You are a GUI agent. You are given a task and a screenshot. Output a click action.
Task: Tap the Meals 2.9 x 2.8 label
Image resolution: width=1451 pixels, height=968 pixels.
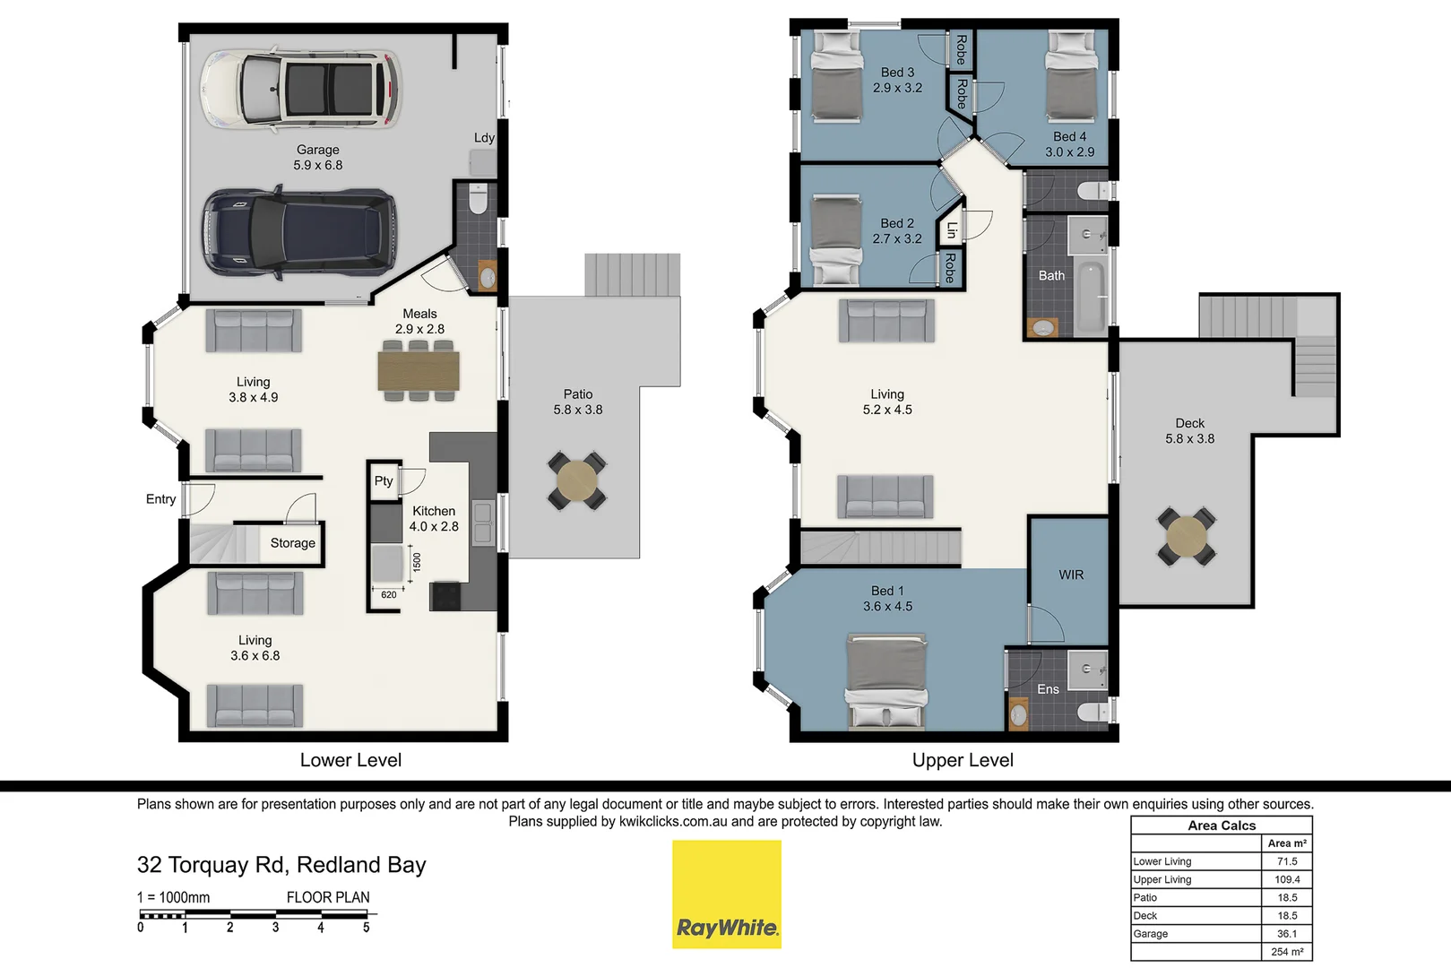(x=419, y=321)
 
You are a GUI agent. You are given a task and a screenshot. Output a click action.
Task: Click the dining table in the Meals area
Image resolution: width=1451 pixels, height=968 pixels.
(x=419, y=370)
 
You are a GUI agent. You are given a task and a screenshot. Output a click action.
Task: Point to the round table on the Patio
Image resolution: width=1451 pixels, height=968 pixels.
(x=577, y=481)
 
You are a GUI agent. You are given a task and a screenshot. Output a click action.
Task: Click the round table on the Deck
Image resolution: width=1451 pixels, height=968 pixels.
(x=1187, y=536)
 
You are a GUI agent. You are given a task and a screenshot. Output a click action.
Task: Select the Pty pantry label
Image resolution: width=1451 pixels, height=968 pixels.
(x=384, y=480)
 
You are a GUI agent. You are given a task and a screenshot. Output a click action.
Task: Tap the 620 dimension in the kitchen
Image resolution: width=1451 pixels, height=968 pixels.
(x=389, y=594)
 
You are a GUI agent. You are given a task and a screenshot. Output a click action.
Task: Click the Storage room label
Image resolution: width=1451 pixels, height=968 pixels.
(x=292, y=542)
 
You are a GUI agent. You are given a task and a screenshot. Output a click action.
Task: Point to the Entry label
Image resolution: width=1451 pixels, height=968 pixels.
(x=161, y=499)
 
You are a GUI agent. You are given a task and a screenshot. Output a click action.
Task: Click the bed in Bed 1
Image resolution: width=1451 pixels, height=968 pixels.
(x=886, y=681)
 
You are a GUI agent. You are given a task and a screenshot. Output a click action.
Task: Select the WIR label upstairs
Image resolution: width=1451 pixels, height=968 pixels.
(x=1071, y=575)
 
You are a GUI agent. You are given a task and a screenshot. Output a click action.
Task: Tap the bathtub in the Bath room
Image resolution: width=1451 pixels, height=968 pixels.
(x=1090, y=297)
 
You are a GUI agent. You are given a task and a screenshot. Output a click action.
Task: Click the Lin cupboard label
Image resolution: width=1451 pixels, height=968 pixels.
(x=951, y=230)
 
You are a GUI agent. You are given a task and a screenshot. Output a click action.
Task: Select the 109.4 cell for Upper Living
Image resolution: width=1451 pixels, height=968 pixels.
(x=1287, y=879)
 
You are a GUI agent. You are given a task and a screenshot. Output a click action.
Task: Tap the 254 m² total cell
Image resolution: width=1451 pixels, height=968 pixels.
(x=1287, y=952)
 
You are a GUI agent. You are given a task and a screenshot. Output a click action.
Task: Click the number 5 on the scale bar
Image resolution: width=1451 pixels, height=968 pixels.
(x=366, y=928)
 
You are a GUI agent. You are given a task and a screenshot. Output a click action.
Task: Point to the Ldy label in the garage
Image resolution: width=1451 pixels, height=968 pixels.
(x=484, y=137)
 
